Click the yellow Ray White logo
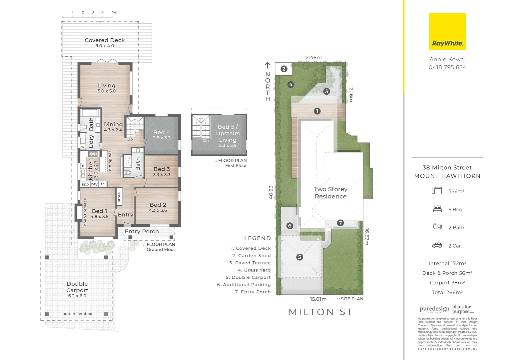(x=447, y=32)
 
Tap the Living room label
(x=106, y=88)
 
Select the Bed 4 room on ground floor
(x=162, y=135)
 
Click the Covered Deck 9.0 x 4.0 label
(x=105, y=43)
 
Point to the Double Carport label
(x=77, y=289)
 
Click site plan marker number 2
(x=284, y=69)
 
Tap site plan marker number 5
(x=299, y=257)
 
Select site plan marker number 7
(x=340, y=223)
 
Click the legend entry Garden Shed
(x=251, y=256)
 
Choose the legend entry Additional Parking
(x=244, y=285)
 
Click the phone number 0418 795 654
(x=447, y=67)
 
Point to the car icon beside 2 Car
(x=437, y=246)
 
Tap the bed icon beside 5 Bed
(x=437, y=209)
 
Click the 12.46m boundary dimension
(x=312, y=58)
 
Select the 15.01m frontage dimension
(x=318, y=299)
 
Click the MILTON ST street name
(x=320, y=312)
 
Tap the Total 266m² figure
(x=447, y=292)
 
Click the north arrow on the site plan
(x=267, y=66)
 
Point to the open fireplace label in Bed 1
(x=85, y=212)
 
